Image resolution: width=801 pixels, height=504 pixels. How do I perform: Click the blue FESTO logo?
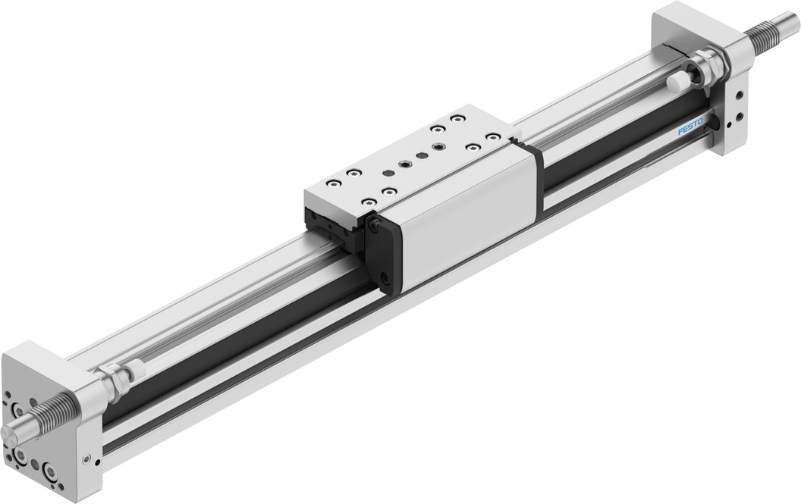point(690,127)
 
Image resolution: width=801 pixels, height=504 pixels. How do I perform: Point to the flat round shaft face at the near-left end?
point(9,436)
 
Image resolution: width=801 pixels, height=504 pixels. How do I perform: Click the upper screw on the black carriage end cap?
point(375,223)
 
